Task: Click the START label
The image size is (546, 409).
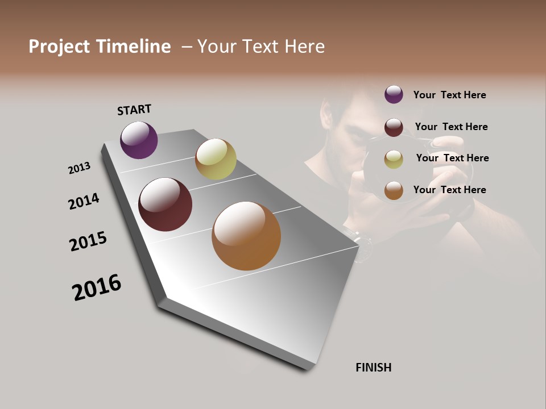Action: click(x=134, y=110)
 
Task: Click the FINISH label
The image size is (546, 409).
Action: click(x=373, y=368)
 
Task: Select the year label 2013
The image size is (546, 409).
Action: click(x=79, y=168)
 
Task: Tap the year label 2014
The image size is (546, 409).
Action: click(x=84, y=202)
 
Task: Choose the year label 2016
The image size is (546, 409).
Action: click(x=97, y=287)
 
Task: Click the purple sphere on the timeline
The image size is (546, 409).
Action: click(x=139, y=140)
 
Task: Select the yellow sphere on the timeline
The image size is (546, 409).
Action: click(x=216, y=159)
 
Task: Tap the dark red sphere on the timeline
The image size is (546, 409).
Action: click(x=165, y=204)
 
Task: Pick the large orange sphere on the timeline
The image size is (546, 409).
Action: click(x=246, y=236)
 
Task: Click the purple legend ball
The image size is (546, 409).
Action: click(x=394, y=94)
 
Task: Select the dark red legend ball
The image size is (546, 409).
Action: click(x=394, y=127)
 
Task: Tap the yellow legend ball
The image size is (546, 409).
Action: click(x=394, y=159)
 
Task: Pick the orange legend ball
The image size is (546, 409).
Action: click(x=394, y=190)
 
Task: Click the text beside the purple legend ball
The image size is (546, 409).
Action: click(x=449, y=95)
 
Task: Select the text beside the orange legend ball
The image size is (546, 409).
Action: click(x=449, y=190)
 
